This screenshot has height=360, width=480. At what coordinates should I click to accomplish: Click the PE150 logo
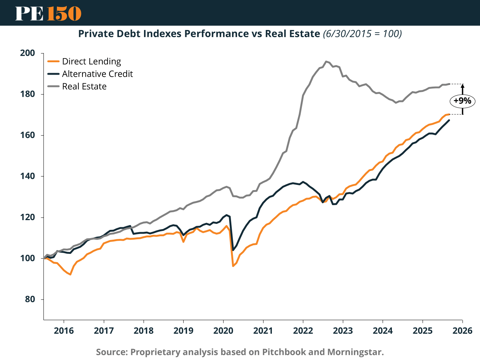(48, 13)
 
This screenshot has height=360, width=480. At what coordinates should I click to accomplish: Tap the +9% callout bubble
(462, 101)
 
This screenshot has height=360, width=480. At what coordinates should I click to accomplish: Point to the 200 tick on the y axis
(27, 53)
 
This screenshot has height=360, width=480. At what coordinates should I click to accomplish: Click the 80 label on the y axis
(30, 299)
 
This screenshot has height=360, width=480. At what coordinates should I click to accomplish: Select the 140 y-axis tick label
(27, 176)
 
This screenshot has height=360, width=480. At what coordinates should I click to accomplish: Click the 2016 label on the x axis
(64, 330)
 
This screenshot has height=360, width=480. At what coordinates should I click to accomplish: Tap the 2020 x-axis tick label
(223, 330)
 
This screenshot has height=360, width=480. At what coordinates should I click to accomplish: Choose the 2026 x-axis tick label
(462, 330)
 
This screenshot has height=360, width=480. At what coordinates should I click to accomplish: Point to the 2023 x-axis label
(343, 330)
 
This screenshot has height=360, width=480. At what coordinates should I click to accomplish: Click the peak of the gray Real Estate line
(326, 61)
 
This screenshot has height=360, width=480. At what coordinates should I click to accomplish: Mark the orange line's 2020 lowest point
(233, 266)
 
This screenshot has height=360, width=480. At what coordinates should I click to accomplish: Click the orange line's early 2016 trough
(70, 274)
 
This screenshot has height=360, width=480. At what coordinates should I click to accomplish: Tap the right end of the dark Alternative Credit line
(449, 120)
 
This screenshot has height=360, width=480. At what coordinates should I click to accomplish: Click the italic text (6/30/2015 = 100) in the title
(362, 34)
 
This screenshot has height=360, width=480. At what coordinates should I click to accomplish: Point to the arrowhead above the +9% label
(462, 86)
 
